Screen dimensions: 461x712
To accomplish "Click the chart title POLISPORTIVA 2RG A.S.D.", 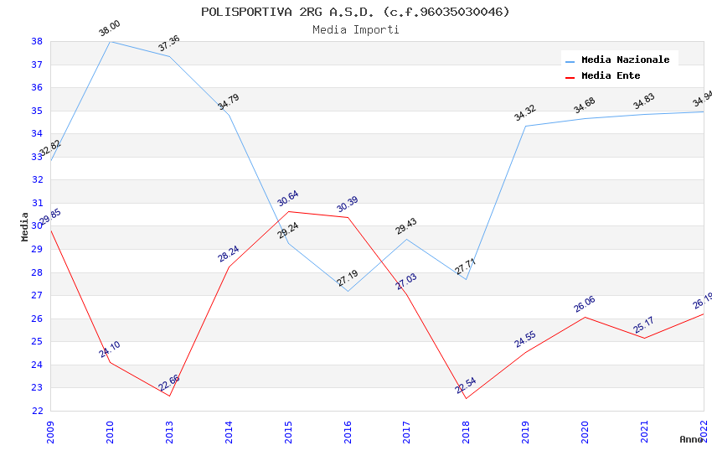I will click(x=355, y=12).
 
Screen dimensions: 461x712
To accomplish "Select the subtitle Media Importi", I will click(x=355, y=29).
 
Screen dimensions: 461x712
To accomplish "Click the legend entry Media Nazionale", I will click(x=625, y=60).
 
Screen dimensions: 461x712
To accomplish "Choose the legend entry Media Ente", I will click(x=611, y=75).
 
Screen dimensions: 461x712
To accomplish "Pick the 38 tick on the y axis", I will click(x=37, y=41).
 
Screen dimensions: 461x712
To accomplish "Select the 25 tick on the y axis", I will click(x=37, y=342).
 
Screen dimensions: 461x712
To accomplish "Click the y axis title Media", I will click(x=25, y=226).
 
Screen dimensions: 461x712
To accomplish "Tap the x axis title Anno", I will click(x=691, y=439).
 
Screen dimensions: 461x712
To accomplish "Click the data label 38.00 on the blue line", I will click(x=110, y=28).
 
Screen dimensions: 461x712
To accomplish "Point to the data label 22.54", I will click(x=466, y=386).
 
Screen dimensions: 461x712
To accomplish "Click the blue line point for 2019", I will click(x=525, y=126).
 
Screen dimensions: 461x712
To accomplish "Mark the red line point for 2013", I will click(x=169, y=396).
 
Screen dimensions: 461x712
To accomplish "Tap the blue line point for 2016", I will click(x=348, y=291).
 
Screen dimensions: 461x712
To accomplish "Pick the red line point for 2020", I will click(x=585, y=317).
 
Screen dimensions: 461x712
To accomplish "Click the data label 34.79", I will click(x=229, y=102).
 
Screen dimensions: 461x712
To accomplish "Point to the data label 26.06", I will click(x=585, y=304).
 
